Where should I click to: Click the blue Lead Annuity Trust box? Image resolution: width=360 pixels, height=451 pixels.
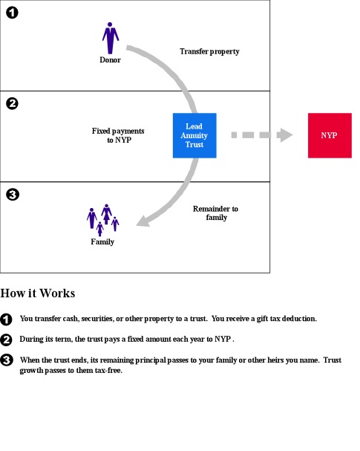pos(194,135)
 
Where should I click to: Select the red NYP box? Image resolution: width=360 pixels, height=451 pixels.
pos(330,135)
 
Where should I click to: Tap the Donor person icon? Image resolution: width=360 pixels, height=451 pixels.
pos(111,38)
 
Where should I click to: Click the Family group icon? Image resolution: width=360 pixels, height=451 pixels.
pos(103,220)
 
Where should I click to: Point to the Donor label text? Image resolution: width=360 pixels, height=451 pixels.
pos(110,60)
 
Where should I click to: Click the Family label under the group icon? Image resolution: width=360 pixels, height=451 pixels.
pos(102,242)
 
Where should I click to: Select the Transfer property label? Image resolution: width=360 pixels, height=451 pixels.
pos(209,52)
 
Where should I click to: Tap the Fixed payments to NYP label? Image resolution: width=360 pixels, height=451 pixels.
pos(118,135)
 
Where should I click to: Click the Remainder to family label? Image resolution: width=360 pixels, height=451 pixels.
pos(216,212)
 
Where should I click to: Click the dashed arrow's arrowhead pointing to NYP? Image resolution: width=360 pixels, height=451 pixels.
pos(285,135)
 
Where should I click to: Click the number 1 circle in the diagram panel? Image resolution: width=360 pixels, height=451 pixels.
pos(12,13)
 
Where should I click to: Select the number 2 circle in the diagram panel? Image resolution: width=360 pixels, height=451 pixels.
pos(12,103)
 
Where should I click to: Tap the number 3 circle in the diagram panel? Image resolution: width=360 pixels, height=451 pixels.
pos(13,195)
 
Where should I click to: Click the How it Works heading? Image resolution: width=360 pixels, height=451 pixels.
pos(38,293)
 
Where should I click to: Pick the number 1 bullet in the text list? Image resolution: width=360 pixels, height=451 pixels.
pos(6,319)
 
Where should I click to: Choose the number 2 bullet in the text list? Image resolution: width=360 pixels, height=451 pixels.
pos(6,340)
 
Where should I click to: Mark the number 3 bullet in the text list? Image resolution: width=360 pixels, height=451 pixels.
pos(7,360)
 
